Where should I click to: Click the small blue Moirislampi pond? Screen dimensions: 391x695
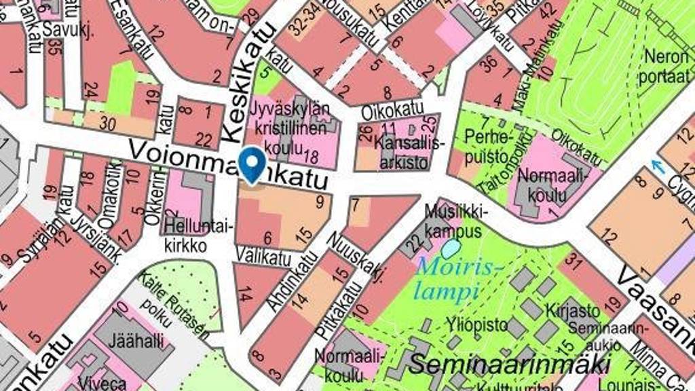tap(451, 248)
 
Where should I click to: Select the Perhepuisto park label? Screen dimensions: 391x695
tap(486, 147)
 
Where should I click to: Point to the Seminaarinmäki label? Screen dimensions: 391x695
tap(509, 363)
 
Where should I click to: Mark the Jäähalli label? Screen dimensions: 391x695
tap(132, 340)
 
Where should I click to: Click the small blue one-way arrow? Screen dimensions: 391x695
tap(656, 166)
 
